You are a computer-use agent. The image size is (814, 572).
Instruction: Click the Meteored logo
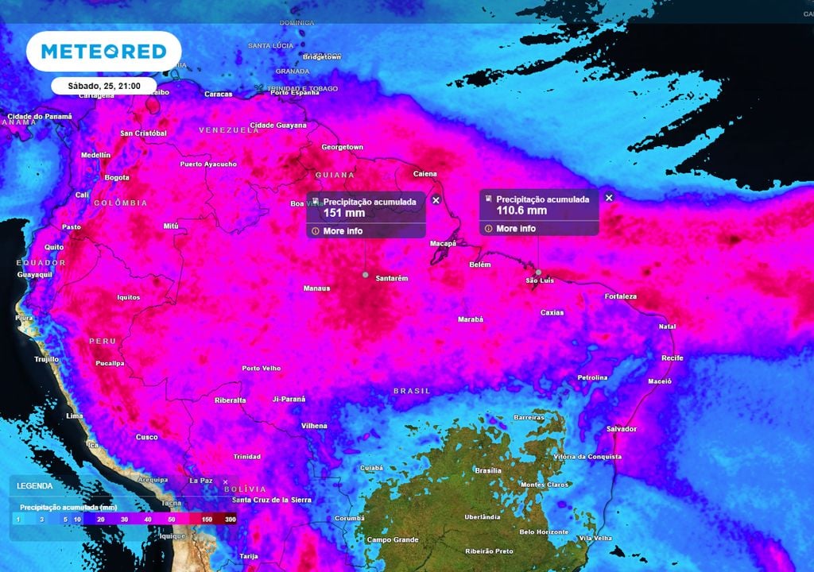click(103, 52)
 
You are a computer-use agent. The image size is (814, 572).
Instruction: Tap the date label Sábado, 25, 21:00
click(103, 85)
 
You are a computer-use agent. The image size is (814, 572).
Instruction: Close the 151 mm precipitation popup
click(436, 200)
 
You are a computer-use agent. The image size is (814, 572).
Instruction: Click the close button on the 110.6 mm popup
click(609, 197)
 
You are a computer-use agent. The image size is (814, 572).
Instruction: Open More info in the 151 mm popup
click(343, 231)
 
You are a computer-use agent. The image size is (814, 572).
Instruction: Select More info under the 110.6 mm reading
click(516, 229)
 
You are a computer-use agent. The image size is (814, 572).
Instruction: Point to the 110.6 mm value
click(521, 211)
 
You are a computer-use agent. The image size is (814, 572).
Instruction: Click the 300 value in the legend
click(230, 519)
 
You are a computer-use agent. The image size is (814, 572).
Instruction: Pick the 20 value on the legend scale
click(101, 519)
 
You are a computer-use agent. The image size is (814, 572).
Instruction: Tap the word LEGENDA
click(35, 485)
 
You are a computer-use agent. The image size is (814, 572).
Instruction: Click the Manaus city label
click(316, 288)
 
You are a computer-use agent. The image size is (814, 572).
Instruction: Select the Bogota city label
click(117, 178)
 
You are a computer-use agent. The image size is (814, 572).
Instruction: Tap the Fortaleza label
click(620, 296)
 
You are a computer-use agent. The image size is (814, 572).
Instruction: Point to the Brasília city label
click(487, 470)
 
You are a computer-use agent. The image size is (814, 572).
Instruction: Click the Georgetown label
click(342, 148)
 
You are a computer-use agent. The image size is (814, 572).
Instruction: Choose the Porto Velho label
click(262, 369)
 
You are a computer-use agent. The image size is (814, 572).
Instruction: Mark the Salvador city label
click(622, 429)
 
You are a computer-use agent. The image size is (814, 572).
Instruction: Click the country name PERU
click(103, 341)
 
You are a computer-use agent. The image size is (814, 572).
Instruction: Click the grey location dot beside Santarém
click(365, 275)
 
